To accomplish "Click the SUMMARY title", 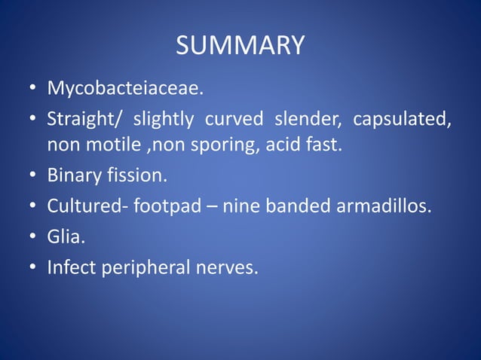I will click(x=240, y=45).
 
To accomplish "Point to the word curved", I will click(x=233, y=120).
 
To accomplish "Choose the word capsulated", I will click(x=403, y=120).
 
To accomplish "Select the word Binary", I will click(x=72, y=175).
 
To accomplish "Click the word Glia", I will click(x=65, y=236).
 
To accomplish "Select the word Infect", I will click(x=70, y=267).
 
